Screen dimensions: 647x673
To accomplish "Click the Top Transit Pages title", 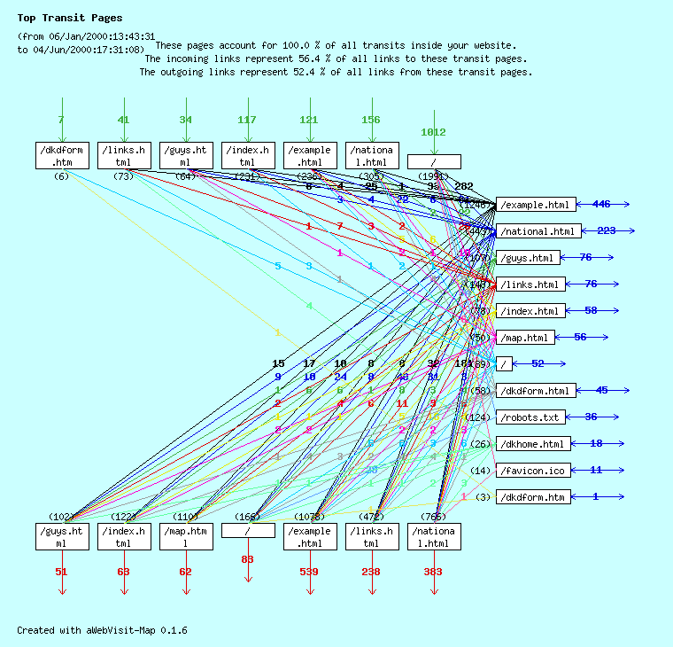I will pyautogui.click(x=70, y=18).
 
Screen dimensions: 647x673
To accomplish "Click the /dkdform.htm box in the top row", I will pyautogui.click(x=62, y=155).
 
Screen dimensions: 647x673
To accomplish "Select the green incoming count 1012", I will pyautogui.click(x=433, y=133).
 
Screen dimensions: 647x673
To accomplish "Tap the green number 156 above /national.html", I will pyautogui.click(x=371, y=121).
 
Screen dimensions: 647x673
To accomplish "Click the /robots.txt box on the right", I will pyautogui.click(x=530, y=417).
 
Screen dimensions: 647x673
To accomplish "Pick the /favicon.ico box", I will pyautogui.click(x=532, y=471).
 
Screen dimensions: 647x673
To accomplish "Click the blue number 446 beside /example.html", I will pyautogui.click(x=601, y=205).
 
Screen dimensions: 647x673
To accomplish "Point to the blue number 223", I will pyautogui.click(x=607, y=231).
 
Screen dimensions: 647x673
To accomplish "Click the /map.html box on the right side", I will pyautogui.click(x=526, y=338).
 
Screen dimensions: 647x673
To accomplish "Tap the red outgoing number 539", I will pyautogui.click(x=309, y=573).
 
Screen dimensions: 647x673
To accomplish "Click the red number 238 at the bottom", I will pyautogui.click(x=371, y=573).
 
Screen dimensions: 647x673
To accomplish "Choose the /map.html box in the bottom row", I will pyautogui.click(x=186, y=536).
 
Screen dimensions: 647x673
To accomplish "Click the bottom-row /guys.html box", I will pyautogui.click(x=62, y=536).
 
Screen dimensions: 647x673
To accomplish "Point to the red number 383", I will pyautogui.click(x=433, y=573).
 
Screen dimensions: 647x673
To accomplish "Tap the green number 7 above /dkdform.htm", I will pyautogui.click(x=61, y=121).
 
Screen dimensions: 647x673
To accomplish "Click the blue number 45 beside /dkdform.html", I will pyautogui.click(x=602, y=391).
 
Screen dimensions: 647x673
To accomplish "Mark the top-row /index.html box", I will pyautogui.click(x=248, y=155).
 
